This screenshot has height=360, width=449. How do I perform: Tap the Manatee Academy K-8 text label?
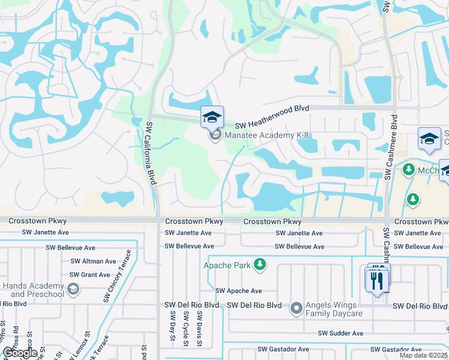click(x=267, y=136)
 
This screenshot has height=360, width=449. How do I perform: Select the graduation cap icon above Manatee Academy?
click(x=212, y=117)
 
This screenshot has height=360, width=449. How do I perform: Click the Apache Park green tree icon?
click(x=260, y=264)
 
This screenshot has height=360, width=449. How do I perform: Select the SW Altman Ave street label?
click(x=93, y=261)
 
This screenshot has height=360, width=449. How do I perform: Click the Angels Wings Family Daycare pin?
click(x=296, y=308)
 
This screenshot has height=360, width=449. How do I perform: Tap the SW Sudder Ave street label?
click(x=340, y=333)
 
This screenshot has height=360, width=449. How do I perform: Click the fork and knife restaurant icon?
click(x=376, y=280)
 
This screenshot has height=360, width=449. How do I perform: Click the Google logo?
click(x=20, y=353)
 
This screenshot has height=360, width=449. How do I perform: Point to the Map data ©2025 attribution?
click(x=423, y=355)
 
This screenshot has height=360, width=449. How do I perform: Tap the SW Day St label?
click(x=172, y=326)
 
